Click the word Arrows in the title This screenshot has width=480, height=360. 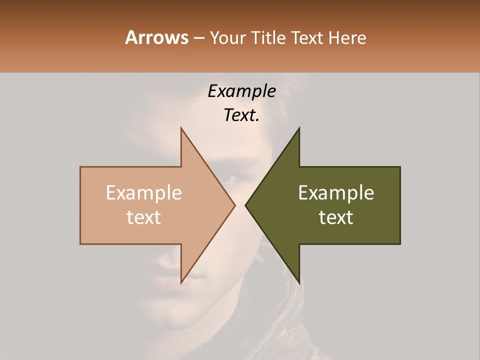pos(156,37)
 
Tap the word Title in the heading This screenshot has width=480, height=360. pos(270,37)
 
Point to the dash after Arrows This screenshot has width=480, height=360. pos(199,38)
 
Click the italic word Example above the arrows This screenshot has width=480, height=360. pos(241,91)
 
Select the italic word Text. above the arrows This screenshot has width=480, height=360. pos(241,115)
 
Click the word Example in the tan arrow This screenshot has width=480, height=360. pos(144,193)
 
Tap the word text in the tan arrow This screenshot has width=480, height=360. pos(144,217)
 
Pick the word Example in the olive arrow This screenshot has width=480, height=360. pos(336,193)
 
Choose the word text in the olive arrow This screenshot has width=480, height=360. pos(336,217)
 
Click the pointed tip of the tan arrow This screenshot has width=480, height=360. pos(234,205)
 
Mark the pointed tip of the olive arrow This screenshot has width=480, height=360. pos(246,205)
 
